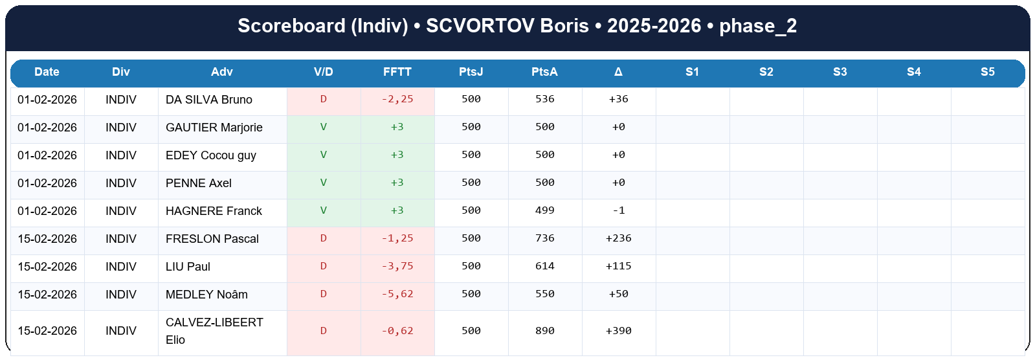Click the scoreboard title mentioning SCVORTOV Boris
[517, 26]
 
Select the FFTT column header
[397, 72]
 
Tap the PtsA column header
[544, 72]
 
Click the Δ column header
[618, 72]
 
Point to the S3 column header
[840, 72]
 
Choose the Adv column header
[221, 72]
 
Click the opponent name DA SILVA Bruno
[209, 100]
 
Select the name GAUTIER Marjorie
[214, 128]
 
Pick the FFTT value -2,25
[397, 99]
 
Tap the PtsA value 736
[545, 238]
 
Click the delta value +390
[619, 331]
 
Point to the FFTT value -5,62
[397, 294]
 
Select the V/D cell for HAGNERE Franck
[324, 210]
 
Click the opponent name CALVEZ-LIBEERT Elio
[214, 331]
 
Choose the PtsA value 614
[545, 266]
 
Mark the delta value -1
[619, 210]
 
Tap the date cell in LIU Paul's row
[47, 267]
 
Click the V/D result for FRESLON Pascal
[324, 238]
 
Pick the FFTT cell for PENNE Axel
[397, 183]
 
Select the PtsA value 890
[545, 331]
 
